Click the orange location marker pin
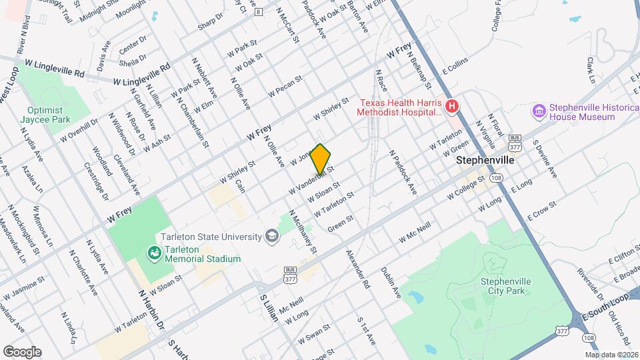tap(320, 159)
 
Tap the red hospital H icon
tap(452, 106)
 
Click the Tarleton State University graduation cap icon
tap(271, 235)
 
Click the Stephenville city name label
tap(485, 161)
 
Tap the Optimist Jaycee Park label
tap(45, 115)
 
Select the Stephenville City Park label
tap(505, 286)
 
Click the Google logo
tap(22, 351)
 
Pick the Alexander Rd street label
tap(357, 269)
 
